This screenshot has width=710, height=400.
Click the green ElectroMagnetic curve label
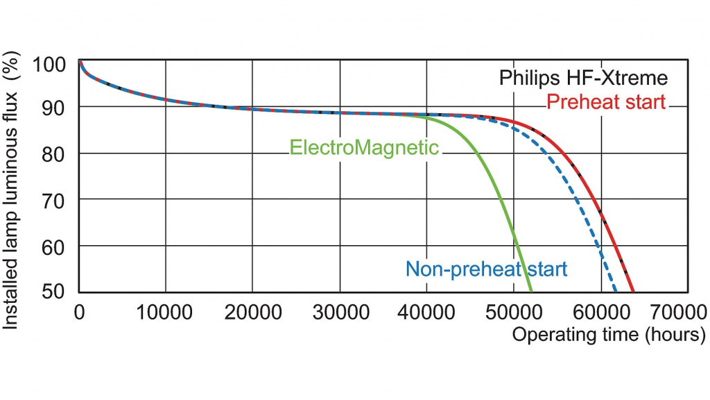[363, 148]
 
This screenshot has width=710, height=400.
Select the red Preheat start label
[605, 102]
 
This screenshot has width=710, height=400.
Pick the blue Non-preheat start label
[486, 269]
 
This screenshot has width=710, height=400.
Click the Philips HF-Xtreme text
[583, 78]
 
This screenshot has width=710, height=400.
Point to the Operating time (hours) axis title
[609, 334]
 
